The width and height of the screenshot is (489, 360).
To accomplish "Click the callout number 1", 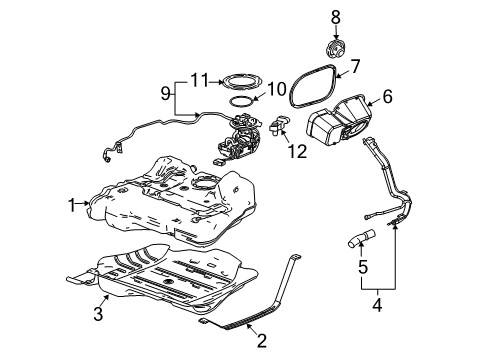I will click(x=72, y=204).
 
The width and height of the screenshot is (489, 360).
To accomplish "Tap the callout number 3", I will click(x=98, y=316).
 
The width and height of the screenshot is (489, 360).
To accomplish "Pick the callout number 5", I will click(x=364, y=266).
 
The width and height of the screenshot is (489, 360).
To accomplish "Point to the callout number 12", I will click(x=294, y=152).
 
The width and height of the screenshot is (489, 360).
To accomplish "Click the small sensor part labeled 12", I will click(x=279, y=126).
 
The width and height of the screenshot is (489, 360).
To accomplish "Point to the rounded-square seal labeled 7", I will click(x=307, y=84).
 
